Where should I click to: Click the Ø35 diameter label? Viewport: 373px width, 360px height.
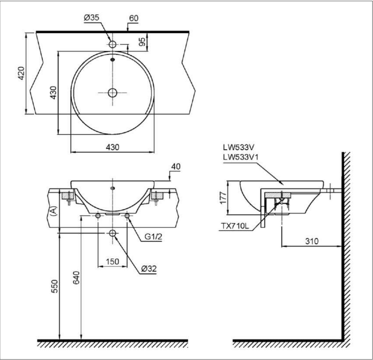click(91, 18)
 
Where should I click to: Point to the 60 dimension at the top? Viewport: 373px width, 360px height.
click(133, 18)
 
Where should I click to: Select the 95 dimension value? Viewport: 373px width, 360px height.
click(142, 42)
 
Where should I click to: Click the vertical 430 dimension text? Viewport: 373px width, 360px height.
click(53, 92)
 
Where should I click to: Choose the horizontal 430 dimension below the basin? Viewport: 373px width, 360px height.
click(113, 147)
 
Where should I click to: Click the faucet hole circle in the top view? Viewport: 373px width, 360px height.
click(113, 44)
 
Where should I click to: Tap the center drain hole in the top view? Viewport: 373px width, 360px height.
click(113, 92)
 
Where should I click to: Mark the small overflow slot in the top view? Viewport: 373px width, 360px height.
click(113, 60)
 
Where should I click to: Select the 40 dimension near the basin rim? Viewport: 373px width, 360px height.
click(175, 167)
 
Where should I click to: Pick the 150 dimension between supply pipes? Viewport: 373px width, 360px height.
click(113, 261)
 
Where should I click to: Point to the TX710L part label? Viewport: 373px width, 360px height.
click(234, 226)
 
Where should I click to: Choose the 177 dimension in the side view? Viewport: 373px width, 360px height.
click(223, 197)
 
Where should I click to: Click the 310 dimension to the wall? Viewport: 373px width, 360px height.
click(312, 241)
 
